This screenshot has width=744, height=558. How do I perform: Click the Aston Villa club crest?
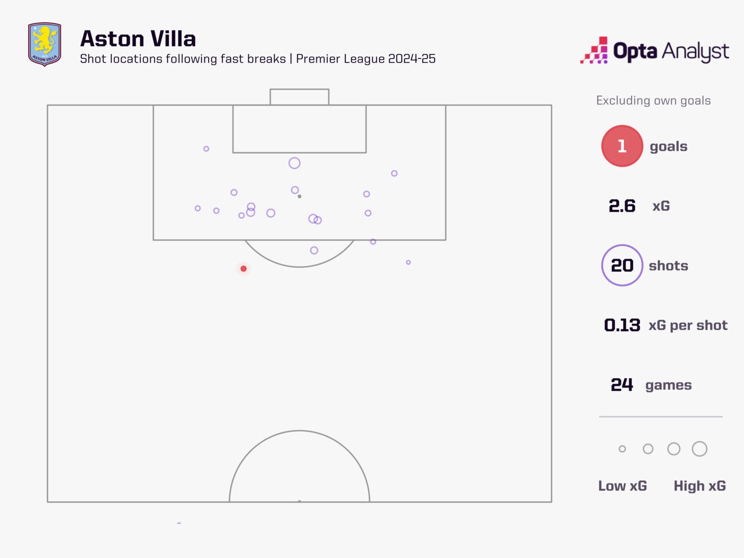(45, 44)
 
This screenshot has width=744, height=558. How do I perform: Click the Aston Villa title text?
(138, 39)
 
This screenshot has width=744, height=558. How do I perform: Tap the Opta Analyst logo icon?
(594, 50)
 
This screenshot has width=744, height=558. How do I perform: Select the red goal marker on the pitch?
(244, 269)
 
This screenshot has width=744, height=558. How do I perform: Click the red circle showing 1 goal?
(622, 146)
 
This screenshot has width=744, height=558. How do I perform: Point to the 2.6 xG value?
(622, 206)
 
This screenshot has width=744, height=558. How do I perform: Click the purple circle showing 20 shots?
(622, 265)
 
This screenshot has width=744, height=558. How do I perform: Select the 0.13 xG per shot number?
(622, 325)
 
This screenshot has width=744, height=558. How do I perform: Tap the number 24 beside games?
(622, 385)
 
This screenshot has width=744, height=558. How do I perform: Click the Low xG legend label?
(622, 486)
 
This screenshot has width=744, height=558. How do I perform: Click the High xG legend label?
(699, 486)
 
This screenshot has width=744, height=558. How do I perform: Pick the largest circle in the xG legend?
(699, 449)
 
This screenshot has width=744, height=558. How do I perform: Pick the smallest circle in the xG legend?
(622, 449)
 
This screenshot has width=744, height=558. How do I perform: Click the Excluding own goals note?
(653, 100)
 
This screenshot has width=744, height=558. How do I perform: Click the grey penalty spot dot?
(299, 196)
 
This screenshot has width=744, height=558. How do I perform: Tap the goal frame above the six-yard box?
(299, 96)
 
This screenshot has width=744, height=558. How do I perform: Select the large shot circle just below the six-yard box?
(294, 163)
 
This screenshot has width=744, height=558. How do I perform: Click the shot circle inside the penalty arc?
(314, 250)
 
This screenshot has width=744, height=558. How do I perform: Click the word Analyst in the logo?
(695, 51)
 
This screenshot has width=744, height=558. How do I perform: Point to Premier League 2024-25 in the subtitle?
(366, 59)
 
